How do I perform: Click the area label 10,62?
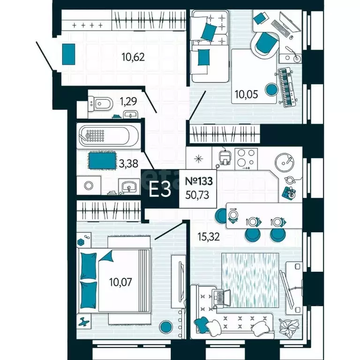pyautogui.click(x=133, y=57)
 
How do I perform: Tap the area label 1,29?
pyautogui.click(x=128, y=101)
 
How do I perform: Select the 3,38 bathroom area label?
pyautogui.click(x=128, y=164)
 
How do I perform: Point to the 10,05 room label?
pyautogui.click(x=247, y=94)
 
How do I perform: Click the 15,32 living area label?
pyautogui.click(x=209, y=236)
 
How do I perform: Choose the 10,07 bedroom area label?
pyautogui.click(x=120, y=282)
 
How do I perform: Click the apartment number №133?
pyautogui.click(x=199, y=181)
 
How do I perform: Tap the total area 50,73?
pyautogui.click(x=197, y=195)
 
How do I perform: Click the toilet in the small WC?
pyautogui.click(x=101, y=104)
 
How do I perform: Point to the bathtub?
pyautogui.click(x=108, y=135)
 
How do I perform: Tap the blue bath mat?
pyautogui.click(x=102, y=160)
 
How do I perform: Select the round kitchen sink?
pyautogui.click(x=285, y=163)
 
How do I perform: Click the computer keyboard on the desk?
pyautogui.click(x=280, y=28)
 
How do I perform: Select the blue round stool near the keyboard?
pyautogui.click(x=271, y=90)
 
